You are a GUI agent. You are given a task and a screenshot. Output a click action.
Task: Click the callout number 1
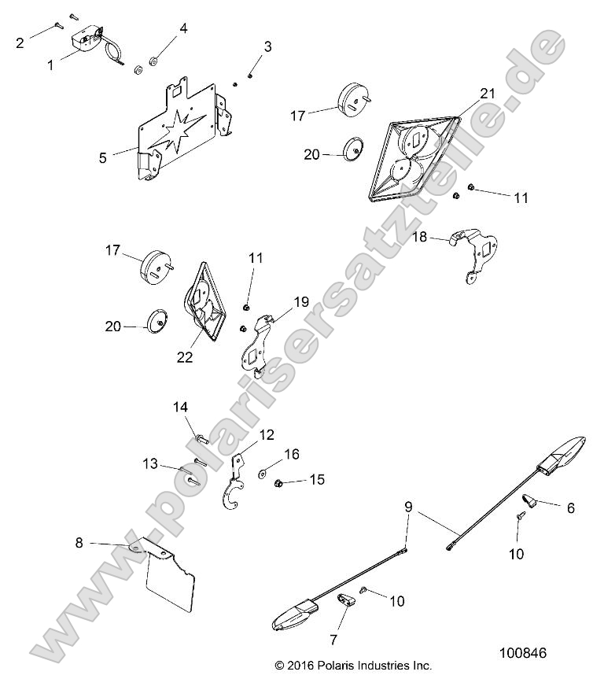point(50,65)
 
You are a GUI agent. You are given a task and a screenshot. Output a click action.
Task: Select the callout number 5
point(103,157)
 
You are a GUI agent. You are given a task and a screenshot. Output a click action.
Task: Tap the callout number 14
point(181,407)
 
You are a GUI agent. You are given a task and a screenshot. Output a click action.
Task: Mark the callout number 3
point(267,46)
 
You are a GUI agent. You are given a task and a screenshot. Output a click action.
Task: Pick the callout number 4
point(183,29)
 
